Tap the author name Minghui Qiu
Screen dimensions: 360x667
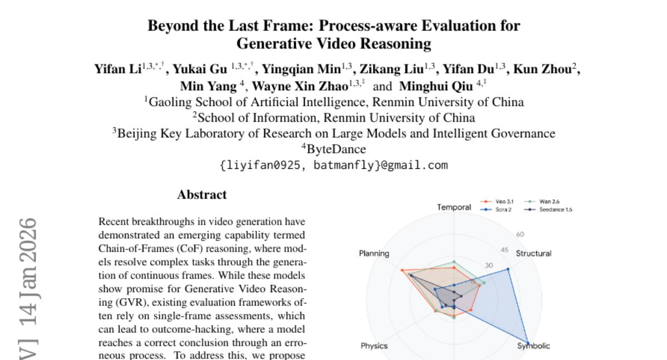point(436,86)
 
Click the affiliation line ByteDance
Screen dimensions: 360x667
point(333,149)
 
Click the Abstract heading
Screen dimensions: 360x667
point(202,195)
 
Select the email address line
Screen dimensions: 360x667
point(333,165)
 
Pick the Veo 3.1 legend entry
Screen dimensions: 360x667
point(504,202)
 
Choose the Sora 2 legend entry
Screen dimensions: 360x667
point(502,209)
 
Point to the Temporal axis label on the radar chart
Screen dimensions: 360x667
point(454,207)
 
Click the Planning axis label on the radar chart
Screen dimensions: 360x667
point(374,253)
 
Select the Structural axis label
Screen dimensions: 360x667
point(534,253)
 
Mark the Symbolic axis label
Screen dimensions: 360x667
point(534,346)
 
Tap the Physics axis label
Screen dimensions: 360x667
point(374,346)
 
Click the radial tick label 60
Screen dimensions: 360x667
point(520,234)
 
